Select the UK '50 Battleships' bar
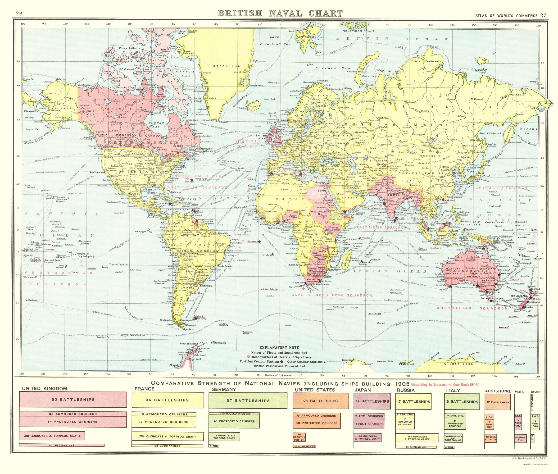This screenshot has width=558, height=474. click(x=73, y=400)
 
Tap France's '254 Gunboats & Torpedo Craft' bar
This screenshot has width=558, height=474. click(x=167, y=437)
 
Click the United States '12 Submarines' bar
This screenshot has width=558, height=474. click(x=304, y=447)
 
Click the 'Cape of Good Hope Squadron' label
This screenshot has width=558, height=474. click(x=331, y=295)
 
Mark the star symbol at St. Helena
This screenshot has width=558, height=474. click(x=273, y=254)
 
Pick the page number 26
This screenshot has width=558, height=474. click(x=19, y=14)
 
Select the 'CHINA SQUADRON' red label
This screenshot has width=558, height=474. click(x=501, y=188)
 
